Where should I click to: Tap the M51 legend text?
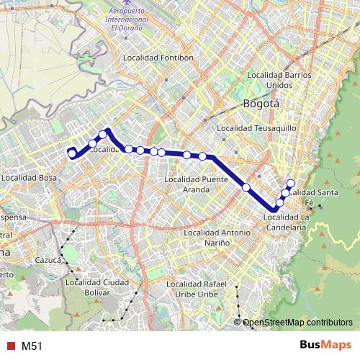31,346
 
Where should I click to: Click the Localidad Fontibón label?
158,57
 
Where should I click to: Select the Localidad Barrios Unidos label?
279,80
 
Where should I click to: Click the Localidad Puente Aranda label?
197,184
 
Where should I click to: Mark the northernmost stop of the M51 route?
291,182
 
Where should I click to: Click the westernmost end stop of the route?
71,153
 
